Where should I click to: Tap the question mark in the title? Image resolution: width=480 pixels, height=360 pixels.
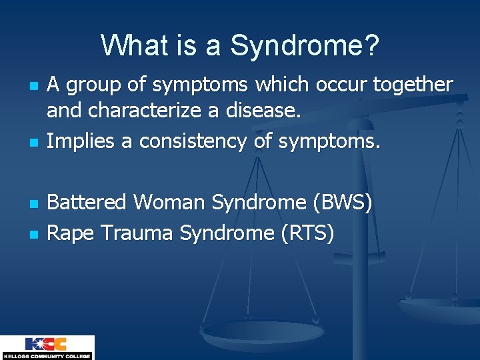pyautogui.click(x=372, y=44)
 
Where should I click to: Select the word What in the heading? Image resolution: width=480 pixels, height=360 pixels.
pyautogui.click(x=135, y=44)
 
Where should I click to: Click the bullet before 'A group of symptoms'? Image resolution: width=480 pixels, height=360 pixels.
pyautogui.click(x=34, y=86)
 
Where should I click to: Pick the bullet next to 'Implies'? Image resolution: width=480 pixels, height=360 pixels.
pyautogui.click(x=34, y=143)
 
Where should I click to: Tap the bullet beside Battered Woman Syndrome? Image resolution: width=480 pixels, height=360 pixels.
pyautogui.click(x=34, y=204)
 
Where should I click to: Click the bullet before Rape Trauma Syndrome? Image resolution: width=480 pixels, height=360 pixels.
pyautogui.click(x=34, y=235)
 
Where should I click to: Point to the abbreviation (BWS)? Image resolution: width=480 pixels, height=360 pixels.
pyautogui.click(x=343, y=203)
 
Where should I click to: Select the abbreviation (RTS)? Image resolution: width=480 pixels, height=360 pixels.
pyautogui.click(x=307, y=233)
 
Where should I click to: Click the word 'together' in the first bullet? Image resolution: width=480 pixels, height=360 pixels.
pyautogui.click(x=413, y=84)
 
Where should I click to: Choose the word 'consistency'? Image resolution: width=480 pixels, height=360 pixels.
pyautogui.click(x=193, y=141)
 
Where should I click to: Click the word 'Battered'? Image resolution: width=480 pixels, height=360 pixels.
pyautogui.click(x=87, y=202)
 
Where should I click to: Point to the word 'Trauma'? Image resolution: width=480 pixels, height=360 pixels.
pyautogui.click(x=137, y=233)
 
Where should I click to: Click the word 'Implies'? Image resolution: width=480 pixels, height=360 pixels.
pyautogui.click(x=80, y=141)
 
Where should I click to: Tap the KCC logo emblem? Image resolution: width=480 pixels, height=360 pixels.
pyautogui.click(x=46, y=344)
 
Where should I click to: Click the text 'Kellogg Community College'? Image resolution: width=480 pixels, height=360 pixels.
pyautogui.click(x=47, y=356)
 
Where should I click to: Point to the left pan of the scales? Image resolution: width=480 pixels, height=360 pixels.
pyautogui.click(x=262, y=334)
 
